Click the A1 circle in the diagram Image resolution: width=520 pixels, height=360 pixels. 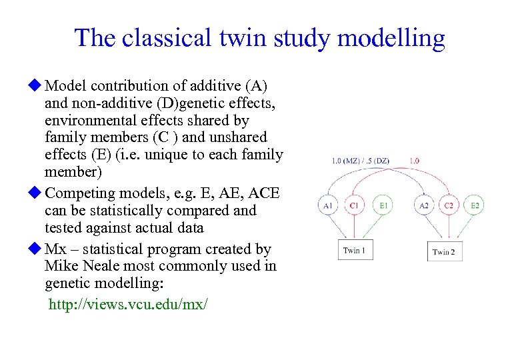[x=328, y=206]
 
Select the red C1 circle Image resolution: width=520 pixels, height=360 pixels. [x=355, y=206]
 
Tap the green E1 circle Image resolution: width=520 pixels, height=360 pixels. [x=383, y=206]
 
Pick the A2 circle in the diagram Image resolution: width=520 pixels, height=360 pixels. [x=423, y=206]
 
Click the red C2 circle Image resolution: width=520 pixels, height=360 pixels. [x=449, y=206]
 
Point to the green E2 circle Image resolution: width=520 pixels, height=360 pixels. [x=475, y=206]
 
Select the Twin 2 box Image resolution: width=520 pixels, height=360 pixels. [x=444, y=251]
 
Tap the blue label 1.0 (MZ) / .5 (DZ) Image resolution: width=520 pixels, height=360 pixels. [x=360, y=161]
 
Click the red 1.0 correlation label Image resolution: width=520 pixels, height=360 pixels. [x=414, y=161]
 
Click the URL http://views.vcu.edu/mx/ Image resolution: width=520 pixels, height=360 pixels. [x=128, y=304]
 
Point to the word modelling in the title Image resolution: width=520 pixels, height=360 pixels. [x=391, y=38]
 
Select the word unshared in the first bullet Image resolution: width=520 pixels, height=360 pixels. [x=239, y=137]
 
